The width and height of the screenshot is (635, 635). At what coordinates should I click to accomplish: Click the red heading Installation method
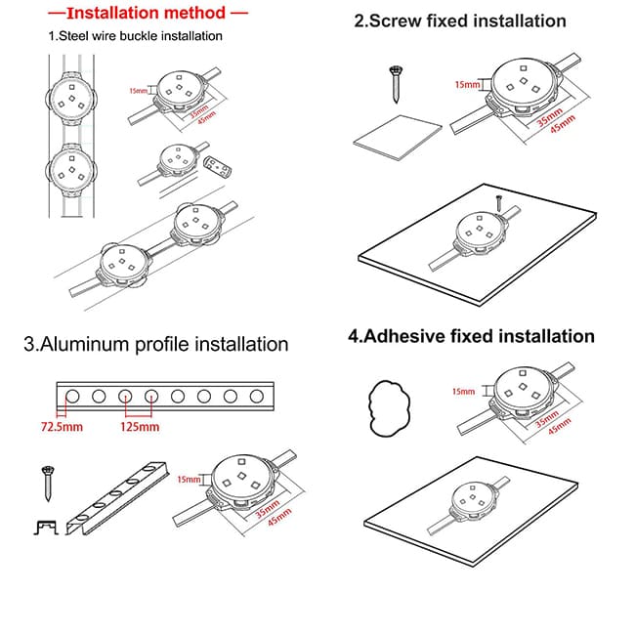[x=147, y=15]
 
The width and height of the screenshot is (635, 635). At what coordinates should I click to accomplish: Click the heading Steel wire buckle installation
[x=136, y=36]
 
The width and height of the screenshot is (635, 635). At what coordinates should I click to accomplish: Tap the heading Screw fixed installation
[x=460, y=21]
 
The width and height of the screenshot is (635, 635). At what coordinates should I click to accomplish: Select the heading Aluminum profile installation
[x=156, y=344]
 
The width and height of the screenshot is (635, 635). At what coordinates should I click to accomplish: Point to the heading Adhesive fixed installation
[x=471, y=336]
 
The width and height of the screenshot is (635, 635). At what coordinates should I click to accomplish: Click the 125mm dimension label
[x=139, y=428]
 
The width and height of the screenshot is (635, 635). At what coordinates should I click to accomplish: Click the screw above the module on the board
[x=496, y=203]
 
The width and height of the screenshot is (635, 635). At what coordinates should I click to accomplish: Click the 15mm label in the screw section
[x=467, y=85]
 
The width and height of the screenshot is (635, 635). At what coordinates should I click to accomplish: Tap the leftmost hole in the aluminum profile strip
[x=72, y=397]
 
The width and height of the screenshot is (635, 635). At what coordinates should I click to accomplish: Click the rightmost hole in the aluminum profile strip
[x=256, y=397]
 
